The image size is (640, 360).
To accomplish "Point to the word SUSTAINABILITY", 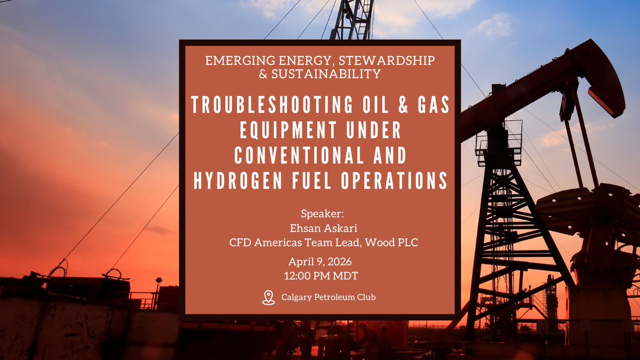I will pos(327,75).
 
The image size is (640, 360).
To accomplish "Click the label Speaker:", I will pos(320,214).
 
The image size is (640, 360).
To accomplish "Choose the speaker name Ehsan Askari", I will pos(320,229).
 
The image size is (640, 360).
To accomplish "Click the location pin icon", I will pos(269,297).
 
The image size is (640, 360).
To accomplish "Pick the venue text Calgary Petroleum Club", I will pos(328,297).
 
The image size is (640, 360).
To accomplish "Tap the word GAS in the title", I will pos(430,106).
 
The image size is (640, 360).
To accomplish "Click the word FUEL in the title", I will pos(311,181).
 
